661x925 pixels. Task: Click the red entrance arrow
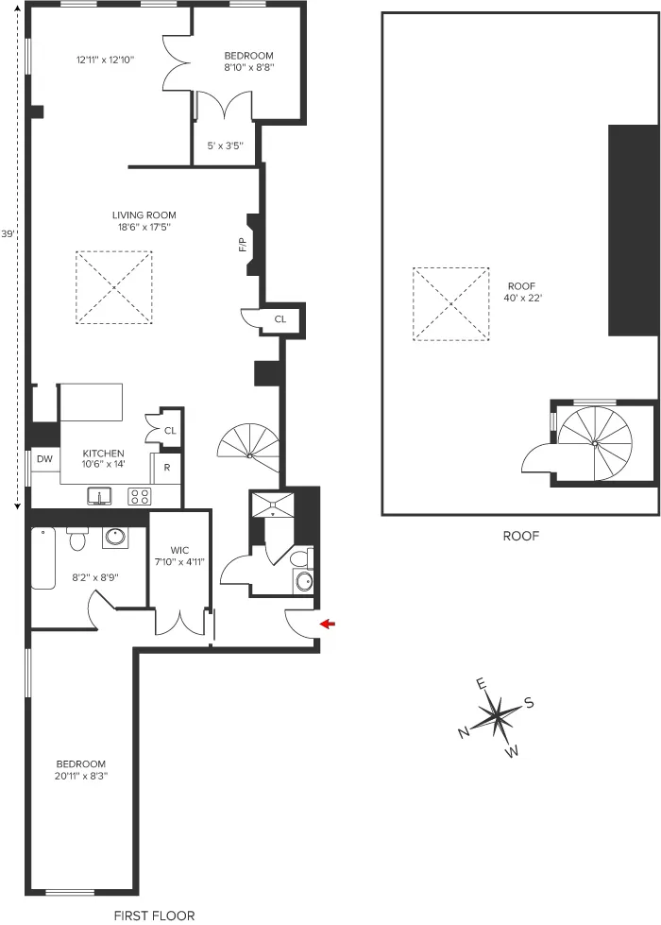click(x=328, y=624)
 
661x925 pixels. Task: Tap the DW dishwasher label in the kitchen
click(x=44, y=459)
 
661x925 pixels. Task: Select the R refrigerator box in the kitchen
click(x=167, y=468)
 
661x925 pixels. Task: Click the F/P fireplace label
click(x=242, y=246)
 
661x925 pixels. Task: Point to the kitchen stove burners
click(x=139, y=495)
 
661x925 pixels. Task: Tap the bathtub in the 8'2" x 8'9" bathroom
click(x=43, y=558)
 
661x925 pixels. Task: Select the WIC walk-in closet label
click(x=179, y=550)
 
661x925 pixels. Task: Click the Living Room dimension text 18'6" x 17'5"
click(x=144, y=227)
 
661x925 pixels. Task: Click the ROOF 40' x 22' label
click(x=521, y=291)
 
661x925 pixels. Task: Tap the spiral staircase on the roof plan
click(x=595, y=441)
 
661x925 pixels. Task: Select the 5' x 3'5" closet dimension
click(x=225, y=146)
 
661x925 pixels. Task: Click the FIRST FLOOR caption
click(x=154, y=915)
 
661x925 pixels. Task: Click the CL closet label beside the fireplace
click(x=280, y=319)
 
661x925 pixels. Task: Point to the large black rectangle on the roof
click(x=632, y=230)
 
